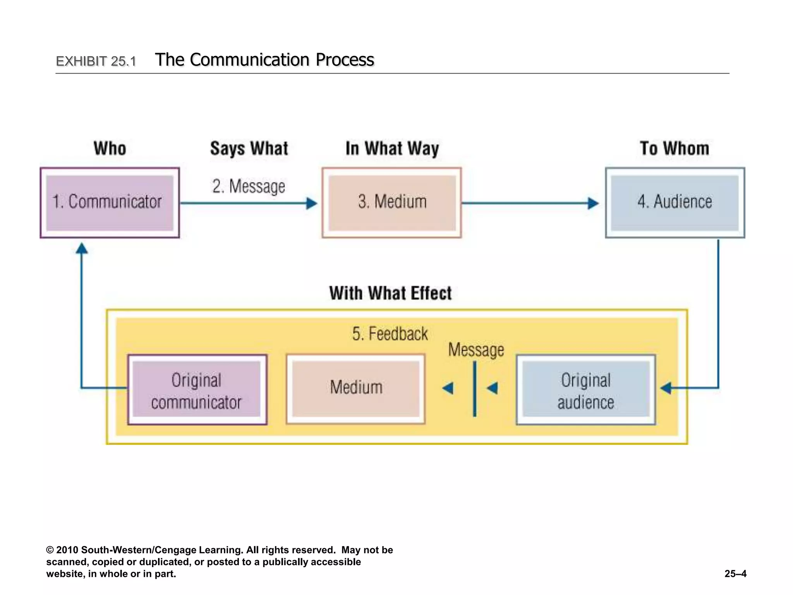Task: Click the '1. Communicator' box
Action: (x=110, y=203)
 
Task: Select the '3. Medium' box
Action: (x=391, y=203)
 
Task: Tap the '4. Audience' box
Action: (x=675, y=203)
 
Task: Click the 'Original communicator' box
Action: (x=197, y=390)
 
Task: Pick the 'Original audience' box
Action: (x=585, y=390)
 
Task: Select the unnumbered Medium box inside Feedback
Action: (x=355, y=389)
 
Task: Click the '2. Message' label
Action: (x=249, y=186)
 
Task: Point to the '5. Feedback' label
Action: (x=390, y=334)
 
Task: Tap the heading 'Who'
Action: (x=110, y=149)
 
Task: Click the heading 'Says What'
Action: (x=249, y=149)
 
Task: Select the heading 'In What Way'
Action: (x=392, y=149)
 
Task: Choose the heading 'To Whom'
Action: (x=674, y=149)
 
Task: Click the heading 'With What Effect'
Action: (x=390, y=293)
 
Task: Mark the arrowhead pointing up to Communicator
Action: (x=81, y=248)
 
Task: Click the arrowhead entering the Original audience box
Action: (x=666, y=388)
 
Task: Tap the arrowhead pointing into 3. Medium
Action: (x=311, y=203)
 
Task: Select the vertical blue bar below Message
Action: (x=475, y=389)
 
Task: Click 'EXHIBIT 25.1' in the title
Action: (x=96, y=61)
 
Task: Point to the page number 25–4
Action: (x=735, y=574)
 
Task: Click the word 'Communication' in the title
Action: (x=250, y=60)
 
